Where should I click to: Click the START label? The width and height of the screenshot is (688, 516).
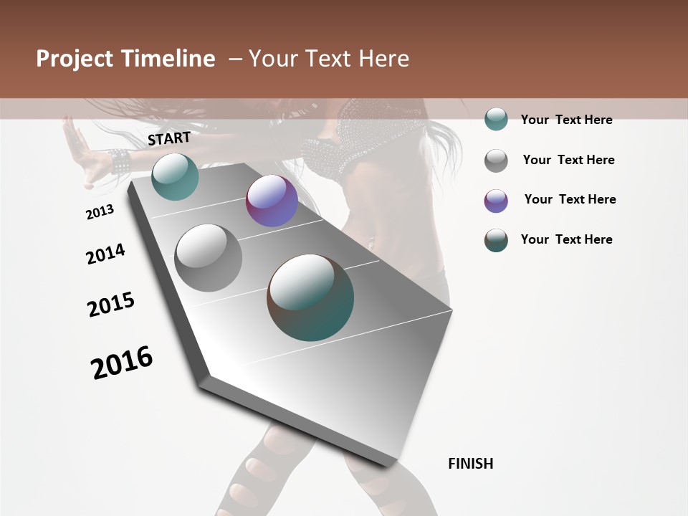tap(169, 138)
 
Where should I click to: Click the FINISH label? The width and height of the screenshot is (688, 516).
tap(470, 464)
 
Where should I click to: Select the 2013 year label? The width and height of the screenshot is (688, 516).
tap(100, 211)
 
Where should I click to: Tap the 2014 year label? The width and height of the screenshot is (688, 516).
tap(105, 254)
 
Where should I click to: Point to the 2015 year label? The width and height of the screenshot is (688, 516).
tap(111, 305)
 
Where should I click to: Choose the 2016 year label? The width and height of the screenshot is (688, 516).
tap(122, 362)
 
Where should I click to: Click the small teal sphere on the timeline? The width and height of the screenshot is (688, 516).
tap(175, 176)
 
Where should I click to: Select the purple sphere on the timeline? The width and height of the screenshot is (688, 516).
tap(272, 201)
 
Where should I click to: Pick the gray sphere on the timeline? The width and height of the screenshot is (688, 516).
tap(208, 258)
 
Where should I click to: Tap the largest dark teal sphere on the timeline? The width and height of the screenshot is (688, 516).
tap(310, 297)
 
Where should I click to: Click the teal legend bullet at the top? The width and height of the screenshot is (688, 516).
tap(496, 119)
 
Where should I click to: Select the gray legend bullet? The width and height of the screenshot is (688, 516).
tap(496, 161)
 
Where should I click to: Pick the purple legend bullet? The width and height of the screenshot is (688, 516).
tap(496, 201)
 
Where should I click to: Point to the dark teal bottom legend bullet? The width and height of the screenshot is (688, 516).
tap(496, 240)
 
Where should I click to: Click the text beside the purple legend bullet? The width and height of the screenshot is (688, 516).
tap(570, 199)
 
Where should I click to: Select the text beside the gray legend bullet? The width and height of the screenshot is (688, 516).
tap(568, 160)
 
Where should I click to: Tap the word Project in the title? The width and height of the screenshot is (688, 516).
tap(75, 59)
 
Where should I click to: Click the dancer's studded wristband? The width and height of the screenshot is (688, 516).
tap(119, 161)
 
